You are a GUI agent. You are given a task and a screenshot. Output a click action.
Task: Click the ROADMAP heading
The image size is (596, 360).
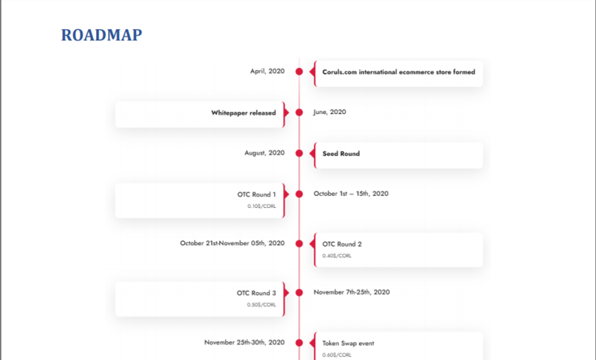coord(101,35)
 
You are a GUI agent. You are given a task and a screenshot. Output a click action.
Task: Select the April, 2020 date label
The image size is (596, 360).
coord(267,72)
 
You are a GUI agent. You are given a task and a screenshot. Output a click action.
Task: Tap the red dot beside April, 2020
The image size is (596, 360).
coord(299,72)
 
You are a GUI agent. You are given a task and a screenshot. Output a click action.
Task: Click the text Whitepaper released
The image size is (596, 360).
coord(244,113)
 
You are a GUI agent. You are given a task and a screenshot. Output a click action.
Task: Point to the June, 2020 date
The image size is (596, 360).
coord(329,112)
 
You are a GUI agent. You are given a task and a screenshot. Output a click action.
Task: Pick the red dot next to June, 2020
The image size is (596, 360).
coord(299,113)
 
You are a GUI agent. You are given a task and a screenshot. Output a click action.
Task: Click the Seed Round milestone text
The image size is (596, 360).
coord(341,154)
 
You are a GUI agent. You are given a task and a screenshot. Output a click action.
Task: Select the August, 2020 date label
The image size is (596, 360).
coord(264,153)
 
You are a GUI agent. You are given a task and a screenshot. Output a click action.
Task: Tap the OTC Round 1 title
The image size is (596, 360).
coord(256,195)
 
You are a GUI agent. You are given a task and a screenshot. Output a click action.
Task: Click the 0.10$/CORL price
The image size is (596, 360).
coord(261,206)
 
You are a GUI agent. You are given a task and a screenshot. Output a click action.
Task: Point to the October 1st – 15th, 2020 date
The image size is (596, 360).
coord(351,194)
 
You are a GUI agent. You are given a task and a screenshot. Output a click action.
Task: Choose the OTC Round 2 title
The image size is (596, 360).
coord(342,244)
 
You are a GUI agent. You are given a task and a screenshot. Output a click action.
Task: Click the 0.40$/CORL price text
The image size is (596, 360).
coord(337,256)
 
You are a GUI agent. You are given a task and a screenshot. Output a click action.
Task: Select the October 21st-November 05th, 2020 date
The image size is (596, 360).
coord(232,243)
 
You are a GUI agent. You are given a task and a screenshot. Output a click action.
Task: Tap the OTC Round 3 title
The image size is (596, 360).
coord(256,293)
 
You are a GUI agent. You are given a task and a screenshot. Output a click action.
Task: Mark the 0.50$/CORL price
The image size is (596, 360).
coord(261,305)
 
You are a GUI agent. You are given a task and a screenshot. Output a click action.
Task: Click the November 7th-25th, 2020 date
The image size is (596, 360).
coord(352,292)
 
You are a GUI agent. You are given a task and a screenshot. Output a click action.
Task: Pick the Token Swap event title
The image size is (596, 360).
coord(348,344)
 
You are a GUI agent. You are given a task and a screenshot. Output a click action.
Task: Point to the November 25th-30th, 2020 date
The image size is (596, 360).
coord(244,343)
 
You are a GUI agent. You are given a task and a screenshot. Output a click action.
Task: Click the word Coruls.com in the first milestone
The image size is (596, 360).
coord(340,72)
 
